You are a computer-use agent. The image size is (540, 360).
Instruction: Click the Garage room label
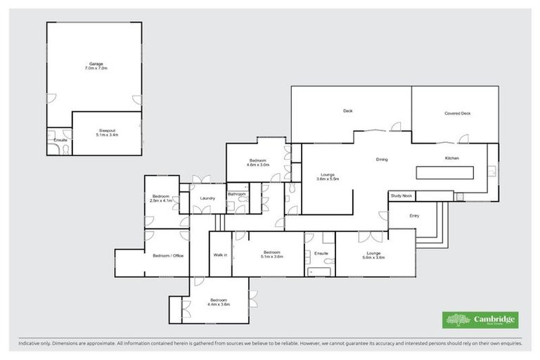click(x=96, y=64)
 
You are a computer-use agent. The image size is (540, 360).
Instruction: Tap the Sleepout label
click(x=107, y=130)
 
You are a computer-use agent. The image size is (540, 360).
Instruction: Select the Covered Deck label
click(x=457, y=113)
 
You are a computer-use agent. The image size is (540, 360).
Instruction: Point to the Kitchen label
click(x=451, y=158)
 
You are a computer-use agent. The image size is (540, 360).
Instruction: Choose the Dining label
click(x=382, y=160)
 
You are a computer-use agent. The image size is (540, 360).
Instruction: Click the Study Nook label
click(x=401, y=195)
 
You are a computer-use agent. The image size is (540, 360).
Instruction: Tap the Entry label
click(x=414, y=216)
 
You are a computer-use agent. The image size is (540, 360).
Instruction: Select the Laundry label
click(x=207, y=198)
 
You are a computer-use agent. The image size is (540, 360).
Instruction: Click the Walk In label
click(x=220, y=255)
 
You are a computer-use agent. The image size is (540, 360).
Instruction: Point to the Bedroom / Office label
click(x=168, y=255)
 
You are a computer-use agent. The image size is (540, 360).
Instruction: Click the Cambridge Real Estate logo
click(x=480, y=320)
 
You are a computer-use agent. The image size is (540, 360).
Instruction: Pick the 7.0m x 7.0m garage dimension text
click(x=96, y=69)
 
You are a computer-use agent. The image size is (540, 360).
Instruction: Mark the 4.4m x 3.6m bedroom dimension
click(x=219, y=304)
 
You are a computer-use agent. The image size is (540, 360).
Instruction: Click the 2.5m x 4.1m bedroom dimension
click(x=161, y=201)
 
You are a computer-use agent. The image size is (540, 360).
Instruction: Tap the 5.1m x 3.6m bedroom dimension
click(x=272, y=257)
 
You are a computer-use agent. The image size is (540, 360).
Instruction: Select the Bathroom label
click(x=236, y=194)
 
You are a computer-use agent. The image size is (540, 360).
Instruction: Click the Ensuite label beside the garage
click(x=60, y=140)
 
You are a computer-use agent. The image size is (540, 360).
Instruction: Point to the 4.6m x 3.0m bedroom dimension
click(x=258, y=165)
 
